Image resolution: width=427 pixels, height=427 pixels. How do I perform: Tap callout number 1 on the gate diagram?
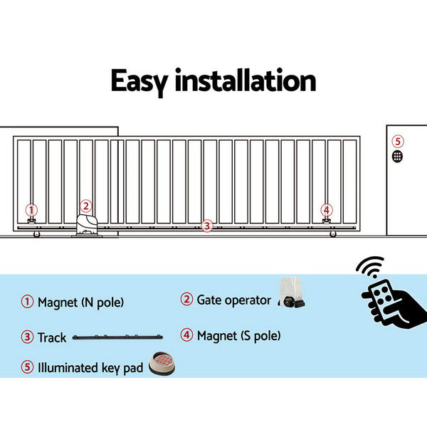pos(31,209)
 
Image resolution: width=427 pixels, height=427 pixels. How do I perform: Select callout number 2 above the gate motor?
pos(85,206)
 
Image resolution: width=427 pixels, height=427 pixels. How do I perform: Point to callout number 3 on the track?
pos(207,226)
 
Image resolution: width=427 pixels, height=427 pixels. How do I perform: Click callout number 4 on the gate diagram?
pos(326,209)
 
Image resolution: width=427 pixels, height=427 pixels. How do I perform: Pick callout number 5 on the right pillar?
pos(398,141)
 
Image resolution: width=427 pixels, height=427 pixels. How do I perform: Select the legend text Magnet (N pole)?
pos(80,302)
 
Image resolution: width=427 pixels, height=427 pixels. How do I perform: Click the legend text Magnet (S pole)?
pos(238,335)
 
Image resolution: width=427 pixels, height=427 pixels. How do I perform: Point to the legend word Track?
pos(52,337)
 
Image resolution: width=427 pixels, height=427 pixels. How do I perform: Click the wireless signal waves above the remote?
pos(369,269)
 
